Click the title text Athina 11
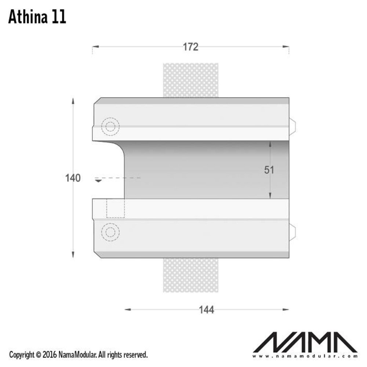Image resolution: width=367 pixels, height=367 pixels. [x=37, y=17]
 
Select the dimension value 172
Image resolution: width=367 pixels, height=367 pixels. [x=190, y=47]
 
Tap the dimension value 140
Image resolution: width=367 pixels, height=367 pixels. [x=73, y=178]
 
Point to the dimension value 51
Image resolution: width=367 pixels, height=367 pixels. [x=269, y=170]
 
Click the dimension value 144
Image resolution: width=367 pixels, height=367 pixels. [x=206, y=310]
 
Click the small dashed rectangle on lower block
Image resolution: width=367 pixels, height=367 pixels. [x=115, y=208]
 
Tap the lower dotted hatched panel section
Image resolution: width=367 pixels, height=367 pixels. [x=190, y=275]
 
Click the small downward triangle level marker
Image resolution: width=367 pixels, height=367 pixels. [x=98, y=180]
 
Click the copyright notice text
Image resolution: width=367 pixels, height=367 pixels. [x=78, y=355]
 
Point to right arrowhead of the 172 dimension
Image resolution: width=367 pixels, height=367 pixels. [x=286, y=47]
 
